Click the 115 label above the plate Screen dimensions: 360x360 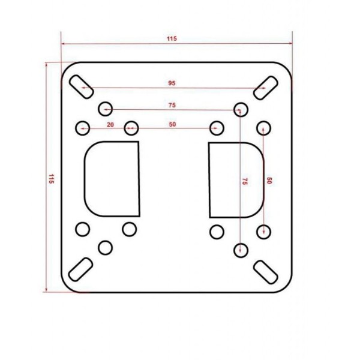(172, 38)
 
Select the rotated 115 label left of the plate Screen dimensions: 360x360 (51, 179)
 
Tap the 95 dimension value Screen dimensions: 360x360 (172, 83)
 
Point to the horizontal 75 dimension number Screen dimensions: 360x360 (172, 105)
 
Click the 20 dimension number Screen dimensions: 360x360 (110, 125)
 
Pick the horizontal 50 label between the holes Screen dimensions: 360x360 (172, 124)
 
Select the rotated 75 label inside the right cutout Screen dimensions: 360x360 (245, 181)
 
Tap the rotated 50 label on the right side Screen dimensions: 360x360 (269, 181)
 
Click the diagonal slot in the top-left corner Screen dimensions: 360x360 (81, 87)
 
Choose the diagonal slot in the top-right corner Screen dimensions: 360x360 (266, 88)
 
